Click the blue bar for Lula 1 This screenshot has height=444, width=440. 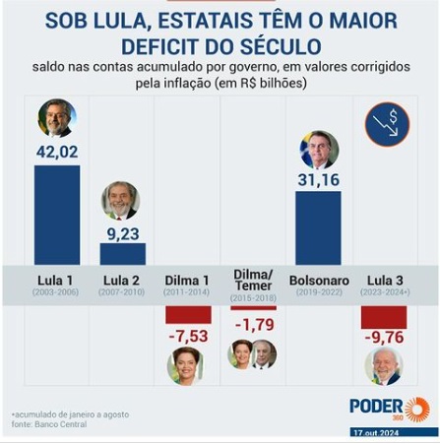pos(57,215)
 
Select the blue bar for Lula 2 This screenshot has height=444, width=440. pos(123,254)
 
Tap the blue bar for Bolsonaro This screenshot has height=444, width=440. pos(318,228)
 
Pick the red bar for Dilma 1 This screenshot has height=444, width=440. pos(188,315)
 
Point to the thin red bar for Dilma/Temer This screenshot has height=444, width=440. pos(253,308)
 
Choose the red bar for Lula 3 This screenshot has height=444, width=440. pos(384,317)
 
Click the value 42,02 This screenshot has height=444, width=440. pos(57,152)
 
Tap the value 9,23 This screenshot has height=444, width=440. pos(123,234)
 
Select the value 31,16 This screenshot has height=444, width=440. pos(319,180)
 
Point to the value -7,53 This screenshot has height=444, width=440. pos(188,336)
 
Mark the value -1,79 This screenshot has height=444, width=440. pos(254,325)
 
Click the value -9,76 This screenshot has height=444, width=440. pos(384,338)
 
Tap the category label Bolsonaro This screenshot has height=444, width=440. pos(319,281)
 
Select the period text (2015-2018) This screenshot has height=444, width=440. pos(253,298)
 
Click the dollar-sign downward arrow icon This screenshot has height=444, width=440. pos(388,124)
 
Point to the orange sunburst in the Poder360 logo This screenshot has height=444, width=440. pos(417,409)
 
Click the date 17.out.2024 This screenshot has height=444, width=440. pos(376,433)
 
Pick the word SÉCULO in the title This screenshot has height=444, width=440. pos(281,46)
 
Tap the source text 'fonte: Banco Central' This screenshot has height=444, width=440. pos(49,424)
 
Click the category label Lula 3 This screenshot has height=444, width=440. pos(385,281)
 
